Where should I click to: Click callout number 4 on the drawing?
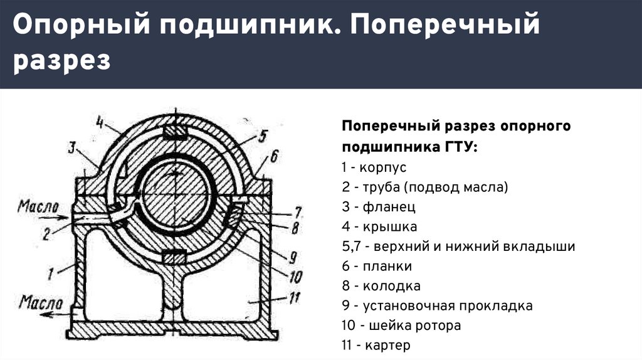(x=100, y=122)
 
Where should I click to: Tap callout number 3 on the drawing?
(x=73, y=147)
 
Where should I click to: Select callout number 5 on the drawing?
(x=263, y=136)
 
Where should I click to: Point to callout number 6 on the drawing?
(x=274, y=156)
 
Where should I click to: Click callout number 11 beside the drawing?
(x=295, y=297)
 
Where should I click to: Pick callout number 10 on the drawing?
(x=295, y=277)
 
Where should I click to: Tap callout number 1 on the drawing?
(x=50, y=273)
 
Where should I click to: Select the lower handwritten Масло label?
(x=41, y=303)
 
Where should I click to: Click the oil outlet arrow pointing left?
(x=56, y=315)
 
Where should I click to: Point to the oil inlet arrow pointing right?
(x=53, y=218)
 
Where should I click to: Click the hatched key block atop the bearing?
(x=176, y=132)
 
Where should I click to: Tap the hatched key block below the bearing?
(x=176, y=258)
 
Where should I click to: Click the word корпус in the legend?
(x=383, y=168)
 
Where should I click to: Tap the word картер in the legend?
(x=387, y=346)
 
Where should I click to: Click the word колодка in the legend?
(x=391, y=286)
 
